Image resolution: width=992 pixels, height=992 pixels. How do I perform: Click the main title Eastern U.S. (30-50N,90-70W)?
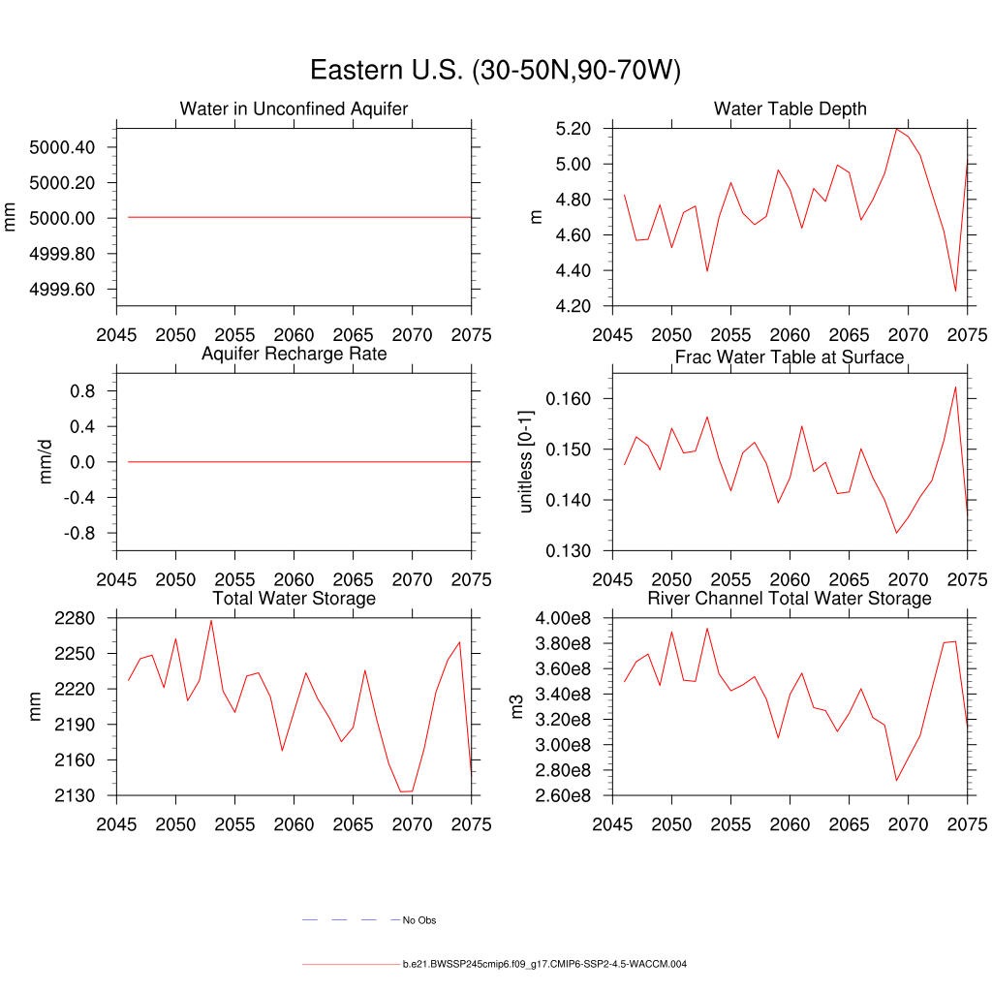click(495, 71)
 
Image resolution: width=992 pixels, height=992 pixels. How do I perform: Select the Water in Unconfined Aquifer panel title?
click(294, 108)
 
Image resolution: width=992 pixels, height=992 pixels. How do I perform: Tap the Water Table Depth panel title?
click(790, 108)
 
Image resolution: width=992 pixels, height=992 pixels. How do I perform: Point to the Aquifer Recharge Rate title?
click(294, 354)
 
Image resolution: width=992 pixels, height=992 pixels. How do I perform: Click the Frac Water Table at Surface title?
click(790, 357)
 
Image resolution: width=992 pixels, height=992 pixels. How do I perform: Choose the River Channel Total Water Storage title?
click(790, 599)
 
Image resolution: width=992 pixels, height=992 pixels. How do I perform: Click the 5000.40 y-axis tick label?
click(62, 147)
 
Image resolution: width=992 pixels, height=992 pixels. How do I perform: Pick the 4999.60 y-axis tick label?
click(62, 290)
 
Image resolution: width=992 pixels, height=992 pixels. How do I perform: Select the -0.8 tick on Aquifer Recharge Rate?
click(78, 534)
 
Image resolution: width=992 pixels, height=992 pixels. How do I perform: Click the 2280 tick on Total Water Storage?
click(75, 618)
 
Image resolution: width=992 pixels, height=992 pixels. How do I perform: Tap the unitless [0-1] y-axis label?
click(526, 462)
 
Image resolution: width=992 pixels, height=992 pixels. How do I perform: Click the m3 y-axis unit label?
click(518, 707)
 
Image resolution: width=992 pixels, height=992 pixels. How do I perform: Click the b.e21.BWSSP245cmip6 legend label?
click(544, 965)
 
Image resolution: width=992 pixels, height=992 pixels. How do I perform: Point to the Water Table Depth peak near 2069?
click(897, 129)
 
